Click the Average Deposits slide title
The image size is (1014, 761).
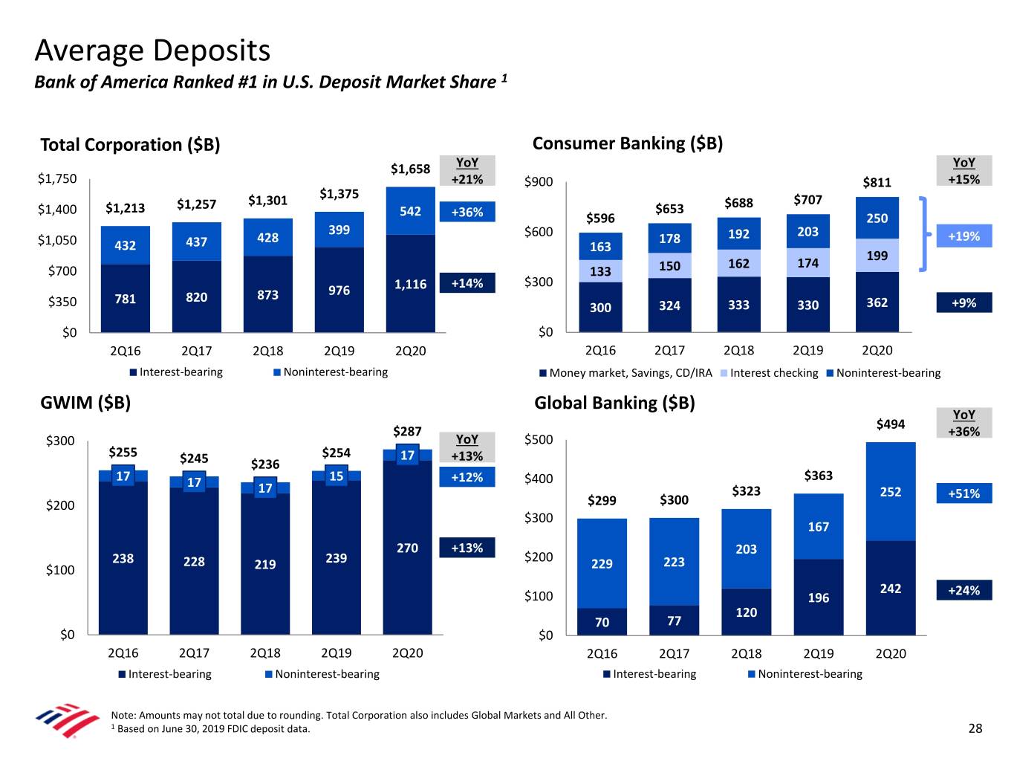point(152,51)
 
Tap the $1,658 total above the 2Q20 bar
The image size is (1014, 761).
point(410,169)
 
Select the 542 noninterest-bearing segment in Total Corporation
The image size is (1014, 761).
point(410,211)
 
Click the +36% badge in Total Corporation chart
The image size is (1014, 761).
point(467,212)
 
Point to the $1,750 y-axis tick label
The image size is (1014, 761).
point(57,178)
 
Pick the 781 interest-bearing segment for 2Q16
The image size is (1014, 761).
point(125,299)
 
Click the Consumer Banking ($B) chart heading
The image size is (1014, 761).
point(627,143)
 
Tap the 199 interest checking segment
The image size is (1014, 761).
point(877,256)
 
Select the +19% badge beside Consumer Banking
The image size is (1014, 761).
point(963,236)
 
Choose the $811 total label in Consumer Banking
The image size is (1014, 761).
point(877,182)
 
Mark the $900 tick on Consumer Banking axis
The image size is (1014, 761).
point(539,182)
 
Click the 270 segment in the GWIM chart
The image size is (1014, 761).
point(407,548)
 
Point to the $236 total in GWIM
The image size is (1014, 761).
point(265,464)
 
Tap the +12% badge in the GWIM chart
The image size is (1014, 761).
point(467,477)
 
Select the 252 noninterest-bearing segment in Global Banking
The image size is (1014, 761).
point(890,492)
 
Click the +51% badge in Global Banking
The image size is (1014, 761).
point(963,493)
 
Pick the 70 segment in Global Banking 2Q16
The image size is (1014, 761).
point(602,622)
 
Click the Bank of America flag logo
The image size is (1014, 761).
point(67,719)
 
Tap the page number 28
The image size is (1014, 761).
point(975,728)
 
